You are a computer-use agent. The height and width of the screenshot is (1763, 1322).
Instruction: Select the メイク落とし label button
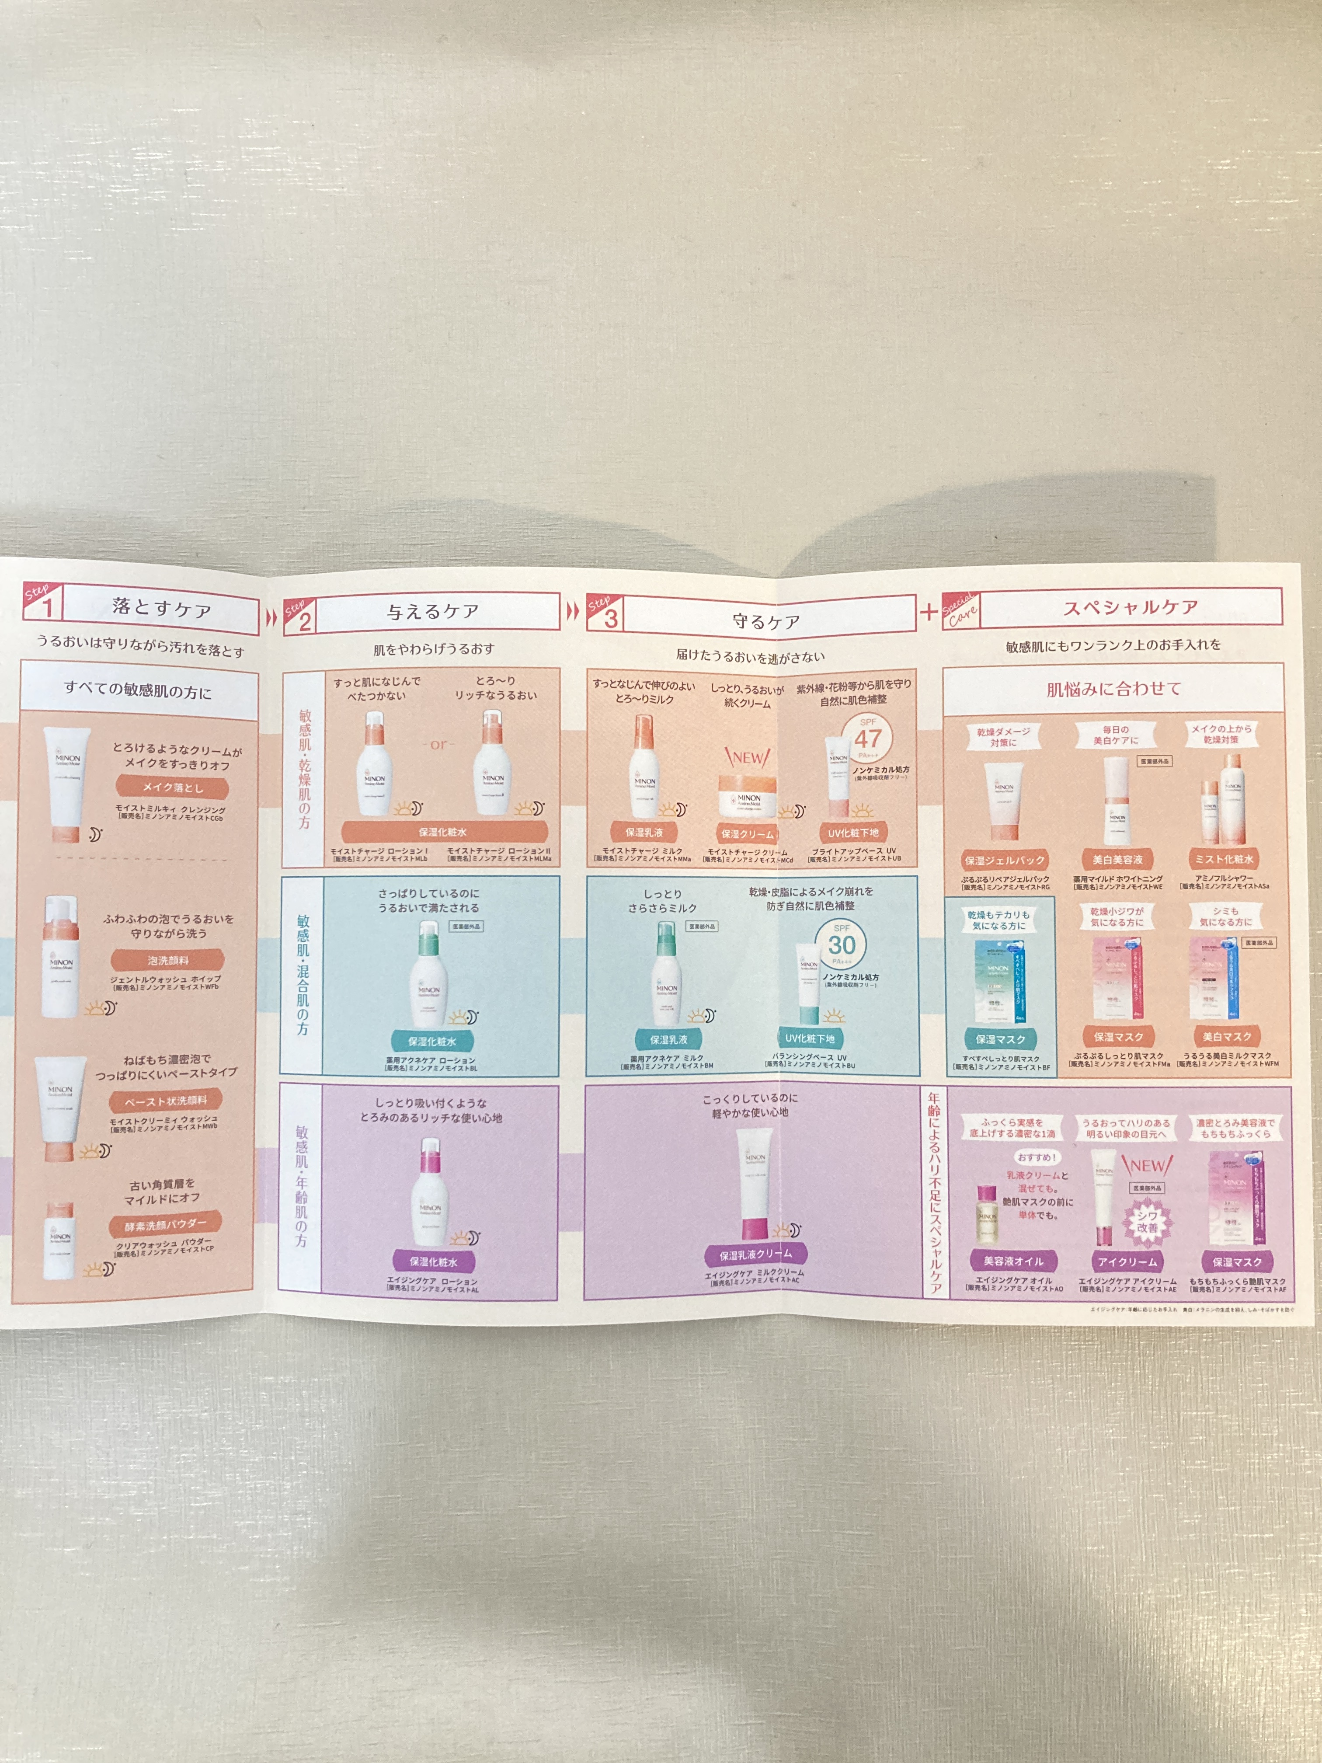click(x=173, y=787)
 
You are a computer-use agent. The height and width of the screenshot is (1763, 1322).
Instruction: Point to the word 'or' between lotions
click(x=438, y=744)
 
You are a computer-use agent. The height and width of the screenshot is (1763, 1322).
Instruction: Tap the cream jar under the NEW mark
click(x=747, y=797)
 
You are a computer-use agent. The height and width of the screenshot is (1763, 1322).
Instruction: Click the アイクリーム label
click(x=1127, y=1261)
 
